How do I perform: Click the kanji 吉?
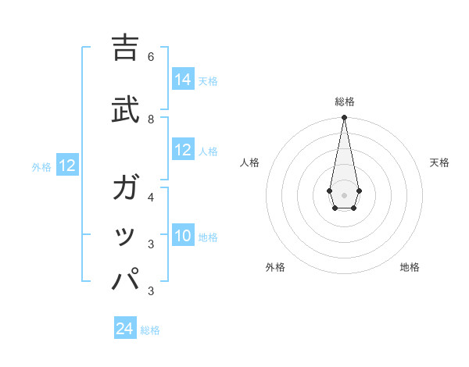(x=126, y=49)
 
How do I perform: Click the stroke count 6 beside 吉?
(x=151, y=57)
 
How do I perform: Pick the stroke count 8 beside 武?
(x=151, y=119)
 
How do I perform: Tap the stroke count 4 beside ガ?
(x=151, y=198)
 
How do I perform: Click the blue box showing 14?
(x=183, y=80)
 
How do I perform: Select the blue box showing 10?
(x=183, y=236)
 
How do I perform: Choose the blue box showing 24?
(x=125, y=329)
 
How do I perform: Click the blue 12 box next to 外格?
(x=67, y=166)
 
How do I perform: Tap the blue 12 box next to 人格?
(x=183, y=150)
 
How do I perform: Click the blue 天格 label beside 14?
(x=208, y=80)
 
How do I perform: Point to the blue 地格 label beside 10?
(x=208, y=237)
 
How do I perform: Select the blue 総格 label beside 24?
(x=150, y=330)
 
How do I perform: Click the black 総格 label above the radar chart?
(x=345, y=102)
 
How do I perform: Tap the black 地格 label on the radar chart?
(x=410, y=267)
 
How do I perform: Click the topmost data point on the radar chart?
(x=344, y=118)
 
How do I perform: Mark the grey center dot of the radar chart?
(x=344, y=194)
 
